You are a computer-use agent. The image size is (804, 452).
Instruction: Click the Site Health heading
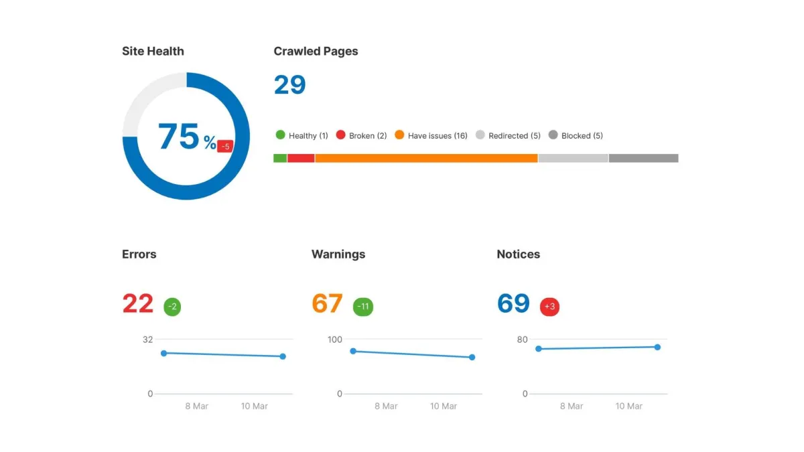coord(153,51)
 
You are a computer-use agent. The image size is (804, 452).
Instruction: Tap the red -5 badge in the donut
coord(225,146)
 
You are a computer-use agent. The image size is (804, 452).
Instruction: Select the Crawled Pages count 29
coord(289,85)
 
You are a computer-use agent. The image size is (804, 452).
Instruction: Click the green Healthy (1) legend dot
coord(280,135)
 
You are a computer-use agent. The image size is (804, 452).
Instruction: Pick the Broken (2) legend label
coord(368,136)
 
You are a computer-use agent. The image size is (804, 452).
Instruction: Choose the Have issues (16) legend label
coord(438,136)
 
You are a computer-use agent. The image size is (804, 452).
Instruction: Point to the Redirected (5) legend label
coord(515,136)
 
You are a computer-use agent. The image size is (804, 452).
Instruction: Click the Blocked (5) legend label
coord(582,136)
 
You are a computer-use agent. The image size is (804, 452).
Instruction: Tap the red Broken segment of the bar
coord(301,158)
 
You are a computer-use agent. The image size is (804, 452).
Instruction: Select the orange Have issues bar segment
coord(426,158)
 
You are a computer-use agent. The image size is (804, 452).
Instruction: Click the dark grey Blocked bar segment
coord(643,158)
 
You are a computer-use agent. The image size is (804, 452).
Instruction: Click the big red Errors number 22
coord(138,304)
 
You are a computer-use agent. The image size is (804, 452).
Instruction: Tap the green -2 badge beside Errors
coord(172,307)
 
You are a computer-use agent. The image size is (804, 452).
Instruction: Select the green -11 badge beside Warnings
coord(363,307)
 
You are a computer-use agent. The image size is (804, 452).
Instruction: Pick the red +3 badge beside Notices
coord(549,307)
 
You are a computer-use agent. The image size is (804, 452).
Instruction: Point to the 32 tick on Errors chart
coord(147,340)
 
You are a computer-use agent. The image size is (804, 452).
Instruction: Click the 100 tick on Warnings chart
coord(335,340)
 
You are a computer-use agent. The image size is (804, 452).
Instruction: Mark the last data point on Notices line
coord(657,347)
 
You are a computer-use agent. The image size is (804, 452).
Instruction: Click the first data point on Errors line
coord(163,353)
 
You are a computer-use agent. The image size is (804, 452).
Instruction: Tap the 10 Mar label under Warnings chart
coord(444,406)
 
